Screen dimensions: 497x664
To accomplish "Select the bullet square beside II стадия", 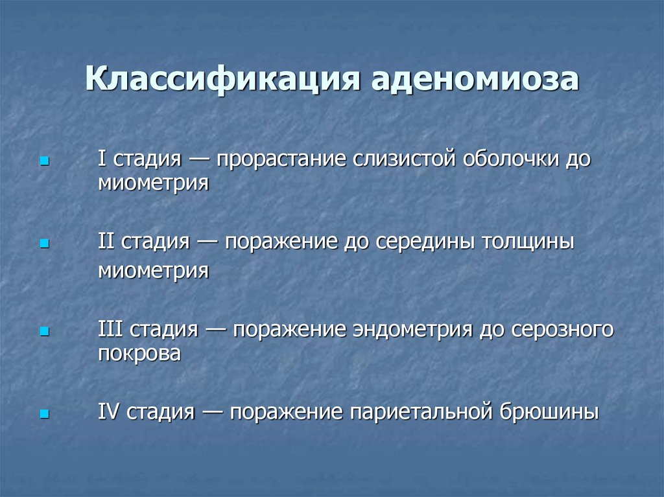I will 44,245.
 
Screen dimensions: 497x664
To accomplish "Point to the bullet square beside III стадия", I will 44,331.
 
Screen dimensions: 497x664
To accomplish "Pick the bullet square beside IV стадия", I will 44,413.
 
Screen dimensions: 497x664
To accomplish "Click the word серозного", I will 561,330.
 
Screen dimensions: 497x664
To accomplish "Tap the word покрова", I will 139,354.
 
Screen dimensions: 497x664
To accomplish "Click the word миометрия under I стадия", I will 153,183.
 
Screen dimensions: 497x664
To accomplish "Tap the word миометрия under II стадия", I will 153,270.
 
